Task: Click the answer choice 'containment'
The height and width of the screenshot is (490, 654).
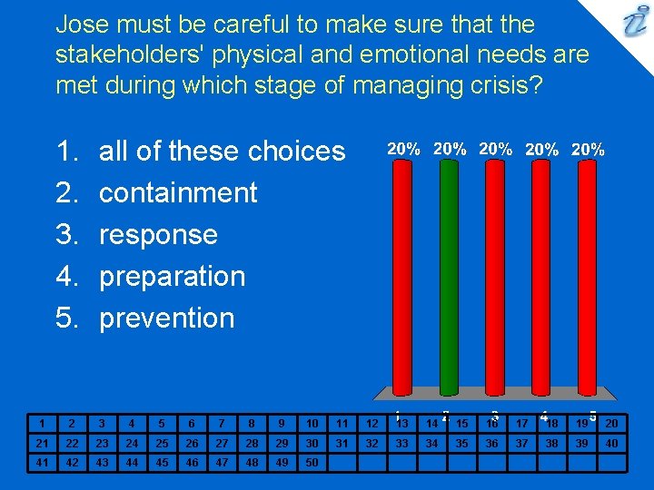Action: tap(178, 192)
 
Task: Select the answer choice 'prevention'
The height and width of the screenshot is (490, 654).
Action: tap(166, 318)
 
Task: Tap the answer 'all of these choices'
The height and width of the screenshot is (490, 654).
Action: tap(222, 151)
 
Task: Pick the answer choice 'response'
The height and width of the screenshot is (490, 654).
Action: tap(158, 234)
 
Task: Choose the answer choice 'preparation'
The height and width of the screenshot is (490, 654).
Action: tap(172, 276)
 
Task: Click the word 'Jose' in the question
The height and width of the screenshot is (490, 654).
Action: tap(82, 24)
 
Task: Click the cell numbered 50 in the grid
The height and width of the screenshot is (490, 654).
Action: tap(312, 462)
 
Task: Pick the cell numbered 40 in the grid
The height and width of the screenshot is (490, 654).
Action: tap(611, 443)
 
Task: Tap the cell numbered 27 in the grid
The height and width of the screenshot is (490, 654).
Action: tap(221, 443)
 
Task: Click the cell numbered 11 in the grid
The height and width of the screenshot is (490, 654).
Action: tap(342, 423)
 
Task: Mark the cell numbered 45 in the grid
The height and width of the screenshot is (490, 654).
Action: tap(161, 462)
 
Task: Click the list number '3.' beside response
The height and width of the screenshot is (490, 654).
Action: tap(68, 234)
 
